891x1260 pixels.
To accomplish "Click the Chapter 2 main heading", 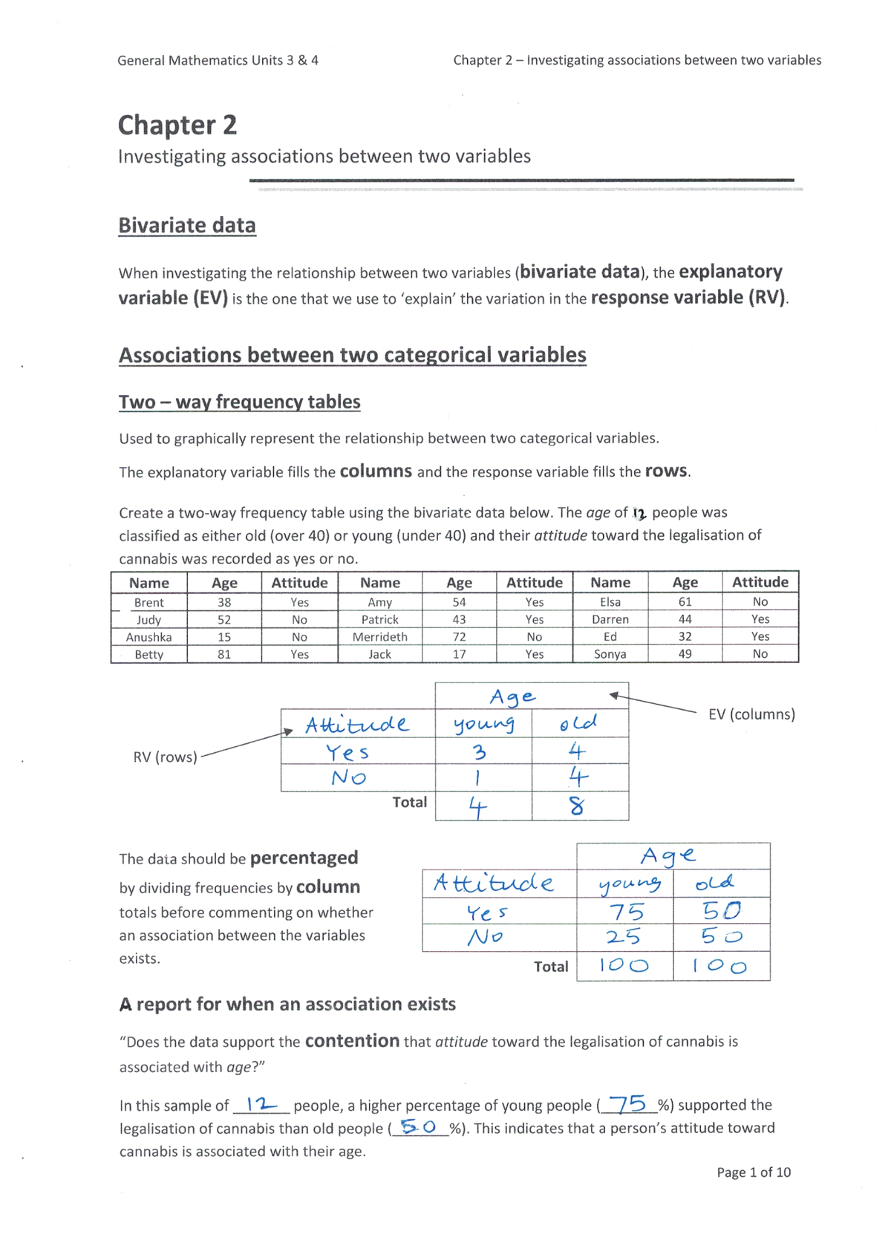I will click(177, 125).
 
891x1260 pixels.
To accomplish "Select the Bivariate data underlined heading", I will click(187, 225).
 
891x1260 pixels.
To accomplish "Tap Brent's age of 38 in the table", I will click(224, 602).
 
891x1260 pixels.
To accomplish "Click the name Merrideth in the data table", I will click(379, 637).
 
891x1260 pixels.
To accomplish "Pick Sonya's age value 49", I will click(685, 654).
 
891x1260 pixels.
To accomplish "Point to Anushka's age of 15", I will click(224, 637).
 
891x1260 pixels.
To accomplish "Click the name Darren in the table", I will click(610, 619).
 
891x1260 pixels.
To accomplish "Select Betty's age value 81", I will click(224, 654).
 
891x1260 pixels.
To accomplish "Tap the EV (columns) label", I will click(751, 714).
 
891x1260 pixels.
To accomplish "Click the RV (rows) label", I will click(165, 757).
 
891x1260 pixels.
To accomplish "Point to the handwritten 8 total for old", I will click(577, 806).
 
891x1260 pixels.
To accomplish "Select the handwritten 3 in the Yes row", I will click(480, 752).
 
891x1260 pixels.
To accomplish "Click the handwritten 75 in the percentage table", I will click(626, 911).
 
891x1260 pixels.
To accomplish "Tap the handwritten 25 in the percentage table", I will click(624, 937).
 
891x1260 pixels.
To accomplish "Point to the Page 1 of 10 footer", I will click(754, 1172).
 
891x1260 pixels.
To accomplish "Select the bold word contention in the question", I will click(352, 1041).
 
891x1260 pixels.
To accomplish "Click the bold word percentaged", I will click(304, 858).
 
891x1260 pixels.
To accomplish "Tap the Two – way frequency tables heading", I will click(239, 402).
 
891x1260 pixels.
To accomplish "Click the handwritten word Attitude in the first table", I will click(357, 724).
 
